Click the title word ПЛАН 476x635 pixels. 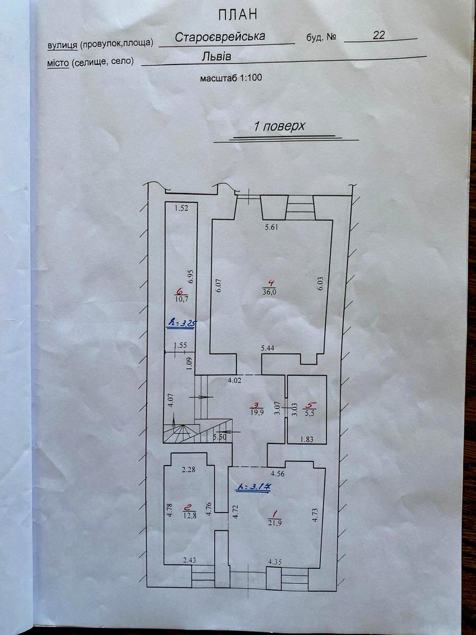[x=238, y=15]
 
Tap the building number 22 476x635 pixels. [x=379, y=35]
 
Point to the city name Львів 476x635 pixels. [x=216, y=56]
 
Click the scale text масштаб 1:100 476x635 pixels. [x=231, y=78]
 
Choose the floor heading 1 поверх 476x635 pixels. [x=279, y=126]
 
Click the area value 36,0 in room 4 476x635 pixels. [x=270, y=292]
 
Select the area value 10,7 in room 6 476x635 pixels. [x=181, y=300]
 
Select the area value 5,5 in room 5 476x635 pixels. [x=309, y=414]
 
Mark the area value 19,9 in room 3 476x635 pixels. [x=254, y=413]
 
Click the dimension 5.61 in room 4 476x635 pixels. [x=271, y=227]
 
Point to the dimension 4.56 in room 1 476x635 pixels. [x=277, y=474]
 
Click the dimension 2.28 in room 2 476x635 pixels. [x=188, y=469]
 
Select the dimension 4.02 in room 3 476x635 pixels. [x=234, y=380]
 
